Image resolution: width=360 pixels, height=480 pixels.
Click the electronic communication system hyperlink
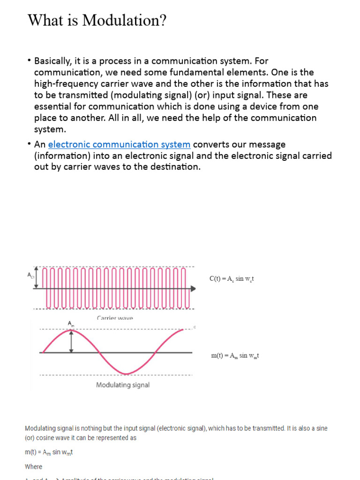pos(119,144)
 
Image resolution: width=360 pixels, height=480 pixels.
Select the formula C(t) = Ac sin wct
pos(232,279)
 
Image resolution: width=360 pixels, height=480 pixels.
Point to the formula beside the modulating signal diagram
pos(235,356)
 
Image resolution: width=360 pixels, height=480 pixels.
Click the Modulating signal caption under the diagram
pos(123,385)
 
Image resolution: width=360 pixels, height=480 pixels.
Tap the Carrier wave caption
pos(115,318)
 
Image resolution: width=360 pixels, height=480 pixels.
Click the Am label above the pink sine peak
pos(71,324)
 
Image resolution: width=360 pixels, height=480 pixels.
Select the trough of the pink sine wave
pos(125,373)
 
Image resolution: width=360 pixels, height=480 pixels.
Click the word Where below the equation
pos(33,467)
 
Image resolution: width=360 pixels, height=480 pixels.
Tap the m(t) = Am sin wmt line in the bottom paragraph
pos(49,452)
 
